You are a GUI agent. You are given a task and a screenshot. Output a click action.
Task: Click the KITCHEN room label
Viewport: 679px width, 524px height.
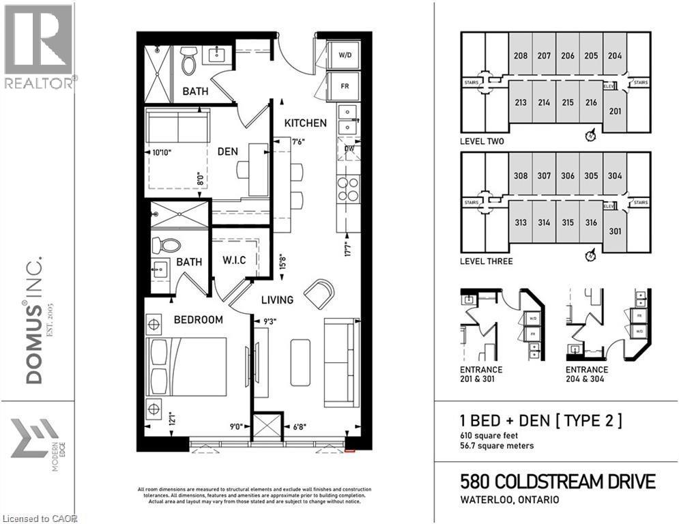(305, 123)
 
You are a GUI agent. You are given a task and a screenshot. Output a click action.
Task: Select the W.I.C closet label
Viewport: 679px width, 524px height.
(234, 261)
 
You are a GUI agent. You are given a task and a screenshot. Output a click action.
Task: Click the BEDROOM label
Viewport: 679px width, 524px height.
(198, 319)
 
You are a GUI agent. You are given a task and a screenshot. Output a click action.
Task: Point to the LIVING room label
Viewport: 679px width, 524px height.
(276, 300)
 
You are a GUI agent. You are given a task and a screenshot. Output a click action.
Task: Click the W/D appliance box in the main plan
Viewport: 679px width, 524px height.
(346, 56)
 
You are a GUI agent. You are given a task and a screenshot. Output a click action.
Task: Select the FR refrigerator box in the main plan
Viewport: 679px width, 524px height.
(346, 86)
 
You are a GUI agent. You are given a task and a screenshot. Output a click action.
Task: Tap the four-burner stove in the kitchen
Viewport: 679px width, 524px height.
(348, 189)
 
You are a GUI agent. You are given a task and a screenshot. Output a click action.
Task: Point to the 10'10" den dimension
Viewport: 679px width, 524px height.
(158, 153)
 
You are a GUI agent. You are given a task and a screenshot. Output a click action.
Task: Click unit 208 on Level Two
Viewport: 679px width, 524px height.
(521, 56)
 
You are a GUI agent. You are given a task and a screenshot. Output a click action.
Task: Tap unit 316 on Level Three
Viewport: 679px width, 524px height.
(591, 222)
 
